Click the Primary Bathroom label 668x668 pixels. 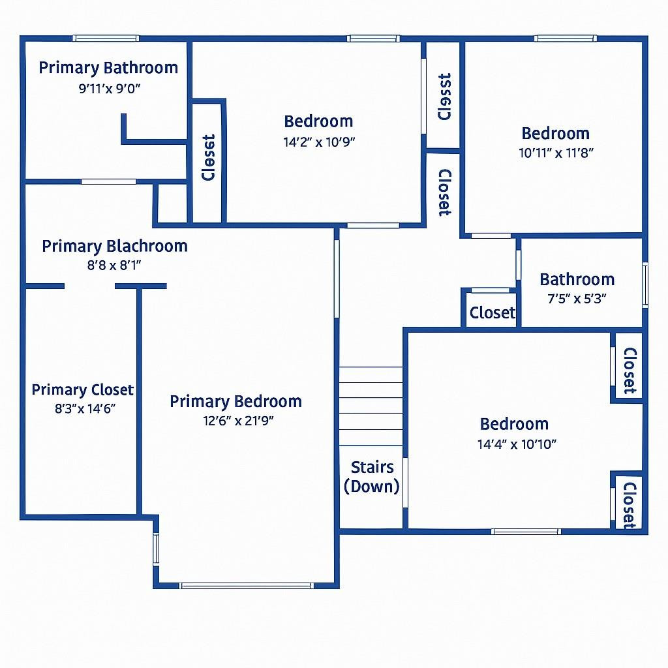pos(108,68)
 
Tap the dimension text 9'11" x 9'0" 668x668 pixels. pos(110,88)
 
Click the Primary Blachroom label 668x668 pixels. pos(115,247)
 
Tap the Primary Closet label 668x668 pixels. pos(83,390)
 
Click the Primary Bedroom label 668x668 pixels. pos(235,401)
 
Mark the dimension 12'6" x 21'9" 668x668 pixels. pos(238,421)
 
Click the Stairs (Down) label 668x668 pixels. pos(372,477)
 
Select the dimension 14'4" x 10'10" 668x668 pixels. pos(517,445)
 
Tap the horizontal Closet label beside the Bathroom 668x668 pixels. pos(493,313)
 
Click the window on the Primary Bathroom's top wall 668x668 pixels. pos(105,38)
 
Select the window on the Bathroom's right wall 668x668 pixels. pos(645,284)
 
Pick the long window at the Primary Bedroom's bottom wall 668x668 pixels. pos(247,585)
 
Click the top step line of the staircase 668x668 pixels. pos(371,367)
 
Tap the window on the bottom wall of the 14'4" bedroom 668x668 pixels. pos(526,532)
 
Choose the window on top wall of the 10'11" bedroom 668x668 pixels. pos(565,38)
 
